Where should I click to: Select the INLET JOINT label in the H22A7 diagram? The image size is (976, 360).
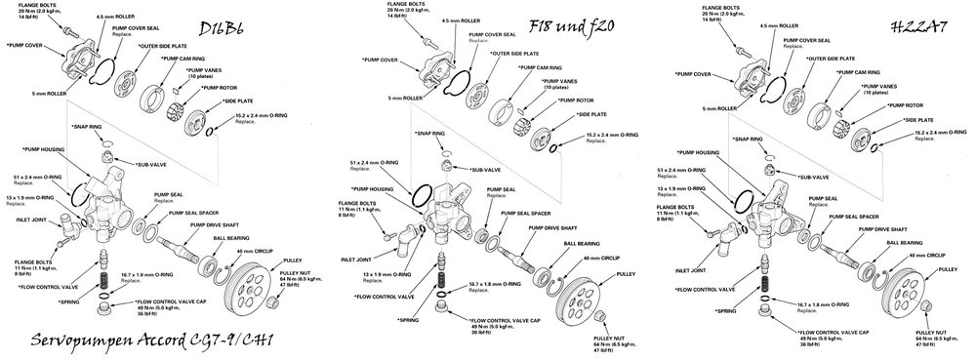pyautogui.click(x=691, y=269)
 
